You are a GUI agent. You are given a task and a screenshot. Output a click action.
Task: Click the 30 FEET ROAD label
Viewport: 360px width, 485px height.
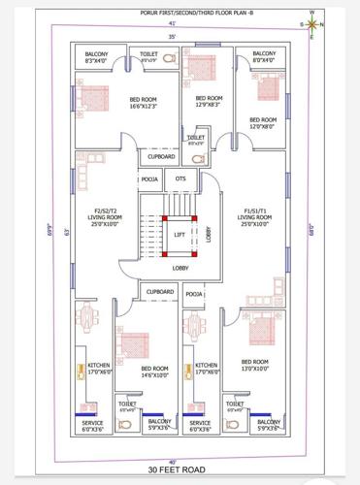pos(180,469)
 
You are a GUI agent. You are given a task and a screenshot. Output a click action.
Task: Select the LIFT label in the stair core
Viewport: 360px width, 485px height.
pos(180,235)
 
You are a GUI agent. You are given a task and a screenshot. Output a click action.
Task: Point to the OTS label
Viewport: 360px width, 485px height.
pos(180,178)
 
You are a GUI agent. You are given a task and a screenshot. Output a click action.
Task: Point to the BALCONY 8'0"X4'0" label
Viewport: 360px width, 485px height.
pos(263,57)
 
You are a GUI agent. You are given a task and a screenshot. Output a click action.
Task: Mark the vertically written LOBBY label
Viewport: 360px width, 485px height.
pos(209,234)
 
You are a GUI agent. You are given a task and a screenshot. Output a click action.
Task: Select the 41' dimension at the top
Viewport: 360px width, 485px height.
pos(173,22)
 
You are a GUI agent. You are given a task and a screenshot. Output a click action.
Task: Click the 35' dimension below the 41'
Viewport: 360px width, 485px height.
pos(173,36)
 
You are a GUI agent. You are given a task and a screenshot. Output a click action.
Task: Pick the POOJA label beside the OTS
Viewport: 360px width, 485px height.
pos(149,178)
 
